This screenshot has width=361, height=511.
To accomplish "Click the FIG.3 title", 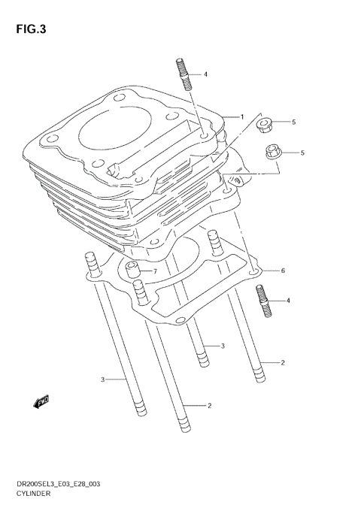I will point(28,29).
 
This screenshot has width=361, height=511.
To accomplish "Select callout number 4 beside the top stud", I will point(205,74).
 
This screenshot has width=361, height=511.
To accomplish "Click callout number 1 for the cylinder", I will point(242,116).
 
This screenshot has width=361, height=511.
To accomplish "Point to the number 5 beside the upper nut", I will point(293,122).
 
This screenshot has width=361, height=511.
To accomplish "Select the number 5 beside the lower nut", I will point(302,153).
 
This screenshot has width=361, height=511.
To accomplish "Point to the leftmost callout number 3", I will point(103,379).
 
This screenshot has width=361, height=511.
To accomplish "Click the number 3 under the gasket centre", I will point(223,346).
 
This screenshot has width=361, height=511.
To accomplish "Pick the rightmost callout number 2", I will point(282,363).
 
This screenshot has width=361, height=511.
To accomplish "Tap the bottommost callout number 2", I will point(209,406).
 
